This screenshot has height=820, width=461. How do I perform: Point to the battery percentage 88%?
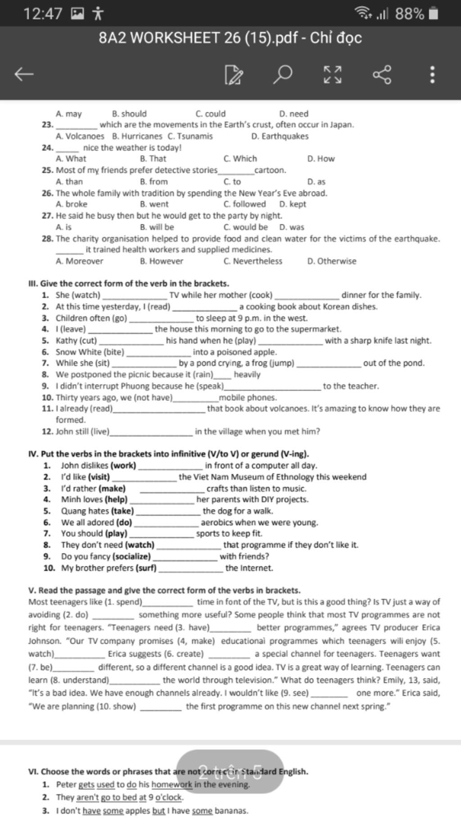coord(409,14)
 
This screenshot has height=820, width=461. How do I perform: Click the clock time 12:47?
coord(43,14)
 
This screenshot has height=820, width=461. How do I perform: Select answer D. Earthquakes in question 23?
coord(280,137)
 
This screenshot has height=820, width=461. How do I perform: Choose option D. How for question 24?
coord(321,159)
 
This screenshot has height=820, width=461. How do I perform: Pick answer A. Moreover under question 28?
coord(79,261)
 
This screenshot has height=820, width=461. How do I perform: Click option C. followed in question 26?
coord(244,204)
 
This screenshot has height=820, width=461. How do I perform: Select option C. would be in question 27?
coord(245,227)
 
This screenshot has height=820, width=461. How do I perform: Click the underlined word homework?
coord(172,784)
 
